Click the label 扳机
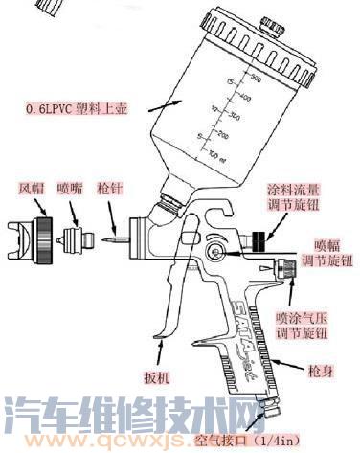tap(155, 378)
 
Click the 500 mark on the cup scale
tap(256, 77)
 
